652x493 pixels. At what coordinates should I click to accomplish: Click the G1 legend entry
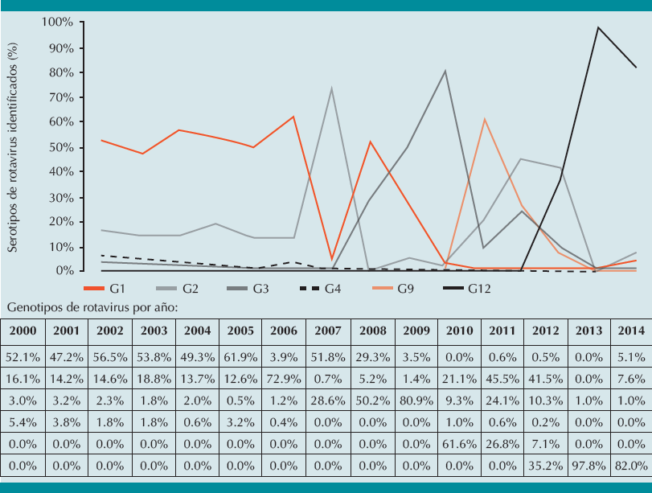(105, 287)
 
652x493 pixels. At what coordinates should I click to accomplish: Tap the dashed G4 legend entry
(320, 287)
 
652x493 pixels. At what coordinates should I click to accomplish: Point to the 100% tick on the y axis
(57, 23)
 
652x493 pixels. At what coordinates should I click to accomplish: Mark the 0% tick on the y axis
(64, 271)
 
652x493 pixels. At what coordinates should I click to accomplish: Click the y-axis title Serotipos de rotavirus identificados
(13, 149)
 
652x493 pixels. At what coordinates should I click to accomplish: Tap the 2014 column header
(629, 331)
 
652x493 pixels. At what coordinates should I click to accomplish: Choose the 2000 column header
(22, 331)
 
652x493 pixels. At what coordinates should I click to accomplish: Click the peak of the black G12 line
(598, 27)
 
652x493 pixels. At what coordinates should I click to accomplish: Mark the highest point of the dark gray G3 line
(445, 71)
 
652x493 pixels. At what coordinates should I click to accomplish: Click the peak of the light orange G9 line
(484, 119)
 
